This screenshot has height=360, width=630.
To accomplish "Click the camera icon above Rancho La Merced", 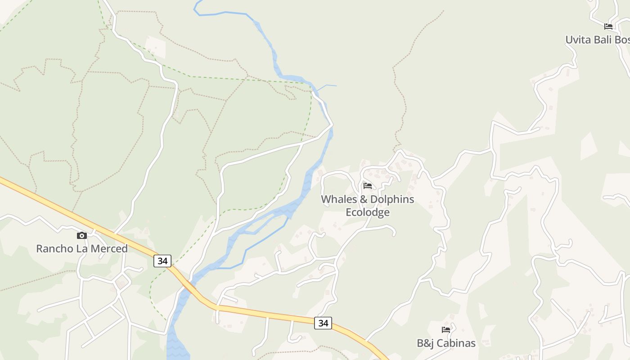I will click(x=81, y=235).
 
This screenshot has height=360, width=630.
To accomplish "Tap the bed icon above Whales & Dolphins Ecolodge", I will click(x=368, y=186).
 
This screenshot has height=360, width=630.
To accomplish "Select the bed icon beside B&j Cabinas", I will click(x=446, y=330).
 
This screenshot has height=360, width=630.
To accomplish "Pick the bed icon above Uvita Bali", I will click(x=608, y=27).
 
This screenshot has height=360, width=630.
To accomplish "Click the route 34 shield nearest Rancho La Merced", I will click(x=162, y=261).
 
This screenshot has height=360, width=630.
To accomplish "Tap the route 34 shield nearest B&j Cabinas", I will click(x=323, y=323).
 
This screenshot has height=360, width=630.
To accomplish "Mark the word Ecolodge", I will click(x=368, y=212).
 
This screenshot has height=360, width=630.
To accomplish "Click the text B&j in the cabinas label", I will click(x=425, y=343).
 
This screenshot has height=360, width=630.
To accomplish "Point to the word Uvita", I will click(x=578, y=40).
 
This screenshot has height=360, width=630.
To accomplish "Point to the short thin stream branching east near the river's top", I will click(x=327, y=85).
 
